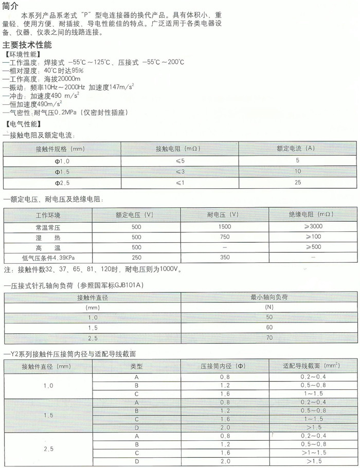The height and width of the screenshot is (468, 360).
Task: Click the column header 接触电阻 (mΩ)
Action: coord(176,149)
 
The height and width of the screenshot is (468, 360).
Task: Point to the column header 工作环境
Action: coord(47,214)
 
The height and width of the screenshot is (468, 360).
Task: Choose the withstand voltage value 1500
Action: coord(224,227)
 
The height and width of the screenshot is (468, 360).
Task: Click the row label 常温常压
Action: coord(47,227)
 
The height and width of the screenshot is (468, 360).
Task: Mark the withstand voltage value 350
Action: coord(224,258)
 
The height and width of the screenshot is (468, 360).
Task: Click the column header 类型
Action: coord(136,367)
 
